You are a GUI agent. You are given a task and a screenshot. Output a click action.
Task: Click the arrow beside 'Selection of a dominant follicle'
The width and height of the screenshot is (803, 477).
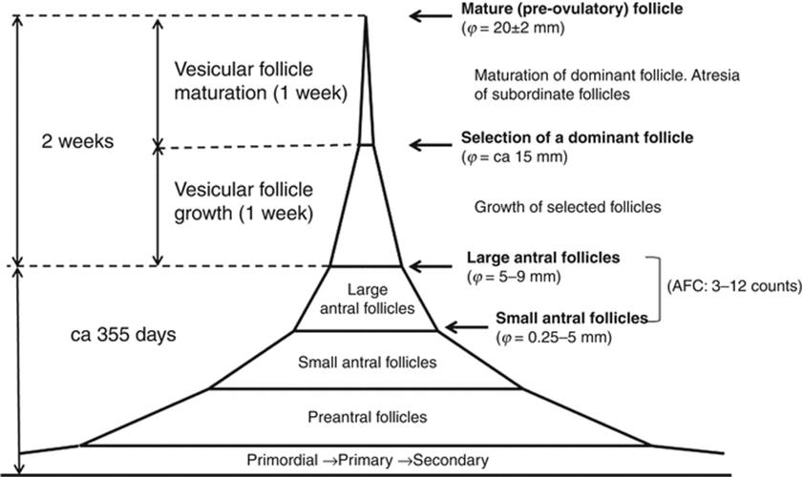click(x=432, y=145)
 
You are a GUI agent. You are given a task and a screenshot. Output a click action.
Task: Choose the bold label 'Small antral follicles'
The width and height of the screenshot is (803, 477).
click(x=572, y=318)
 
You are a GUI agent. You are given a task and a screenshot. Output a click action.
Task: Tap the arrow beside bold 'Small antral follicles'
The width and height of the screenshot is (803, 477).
click(x=468, y=327)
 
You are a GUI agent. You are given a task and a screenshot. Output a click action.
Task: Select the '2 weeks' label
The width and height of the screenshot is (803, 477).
click(x=78, y=141)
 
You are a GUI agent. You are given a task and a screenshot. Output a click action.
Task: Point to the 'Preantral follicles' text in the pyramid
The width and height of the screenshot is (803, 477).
click(x=368, y=417)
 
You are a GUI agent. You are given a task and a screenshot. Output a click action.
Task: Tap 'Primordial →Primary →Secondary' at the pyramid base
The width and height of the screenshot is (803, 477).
click(x=368, y=460)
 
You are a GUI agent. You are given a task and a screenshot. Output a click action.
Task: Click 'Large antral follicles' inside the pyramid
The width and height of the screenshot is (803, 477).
click(x=368, y=298)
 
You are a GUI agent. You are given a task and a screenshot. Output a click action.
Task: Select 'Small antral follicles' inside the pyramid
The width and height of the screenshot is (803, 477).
click(x=368, y=363)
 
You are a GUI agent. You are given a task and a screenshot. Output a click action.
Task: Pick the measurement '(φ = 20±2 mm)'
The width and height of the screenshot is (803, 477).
click(x=512, y=30)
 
